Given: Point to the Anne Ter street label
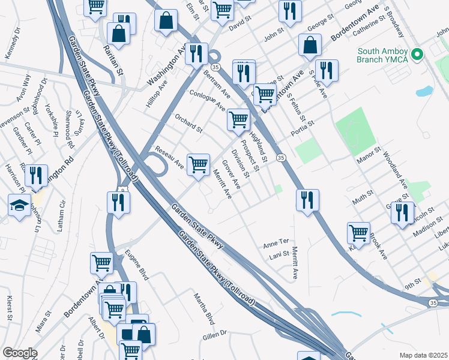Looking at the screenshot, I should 276,246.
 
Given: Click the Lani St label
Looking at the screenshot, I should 279,255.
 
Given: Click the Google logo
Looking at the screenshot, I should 20,352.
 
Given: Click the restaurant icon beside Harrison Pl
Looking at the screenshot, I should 36,176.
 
